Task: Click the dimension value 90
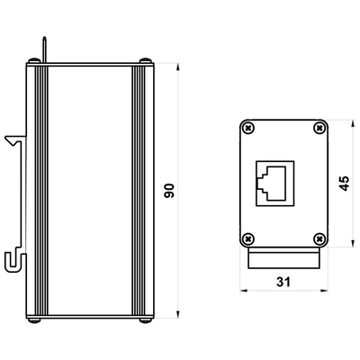[169, 191]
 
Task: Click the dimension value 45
[344, 184]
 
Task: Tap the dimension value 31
[283, 282]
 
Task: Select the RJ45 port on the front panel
[274, 184]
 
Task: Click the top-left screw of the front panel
[248, 129]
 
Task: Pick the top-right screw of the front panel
[319, 129]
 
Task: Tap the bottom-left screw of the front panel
[248, 239]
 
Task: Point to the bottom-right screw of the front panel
[319, 239]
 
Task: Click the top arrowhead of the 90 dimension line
[178, 67]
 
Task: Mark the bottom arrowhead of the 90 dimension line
[178, 314]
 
